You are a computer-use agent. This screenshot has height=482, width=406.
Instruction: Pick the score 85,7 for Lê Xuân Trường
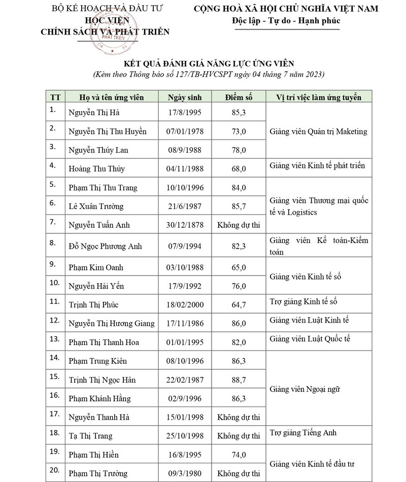(x=238, y=206)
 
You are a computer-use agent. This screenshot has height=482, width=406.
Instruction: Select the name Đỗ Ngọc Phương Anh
(x=106, y=246)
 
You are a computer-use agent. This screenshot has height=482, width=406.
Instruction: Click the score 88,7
(x=238, y=380)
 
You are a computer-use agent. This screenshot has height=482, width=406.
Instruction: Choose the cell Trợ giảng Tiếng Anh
(x=303, y=433)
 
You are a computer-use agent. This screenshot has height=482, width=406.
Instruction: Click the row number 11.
(x=54, y=301)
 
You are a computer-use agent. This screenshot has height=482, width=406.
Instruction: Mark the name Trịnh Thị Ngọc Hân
(x=102, y=380)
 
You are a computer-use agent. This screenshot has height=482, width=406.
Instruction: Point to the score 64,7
(x=238, y=304)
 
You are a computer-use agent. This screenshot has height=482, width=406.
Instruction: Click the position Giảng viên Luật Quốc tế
(x=310, y=338)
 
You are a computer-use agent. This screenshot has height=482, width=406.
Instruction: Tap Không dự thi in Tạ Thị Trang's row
(x=238, y=436)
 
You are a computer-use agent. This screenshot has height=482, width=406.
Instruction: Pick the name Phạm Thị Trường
(x=98, y=473)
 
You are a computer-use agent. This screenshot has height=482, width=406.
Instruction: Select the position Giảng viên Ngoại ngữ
(x=304, y=389)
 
